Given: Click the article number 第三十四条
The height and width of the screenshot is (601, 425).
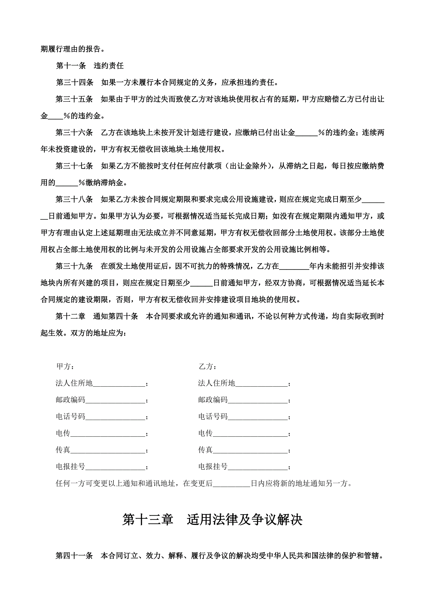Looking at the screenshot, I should coord(75,83).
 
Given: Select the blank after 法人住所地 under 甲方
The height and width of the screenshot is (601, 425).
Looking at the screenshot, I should coord(119,384).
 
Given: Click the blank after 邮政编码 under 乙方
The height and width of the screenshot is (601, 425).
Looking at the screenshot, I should coord(258,400).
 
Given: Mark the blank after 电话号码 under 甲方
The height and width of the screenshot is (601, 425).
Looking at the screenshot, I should coord(115,417).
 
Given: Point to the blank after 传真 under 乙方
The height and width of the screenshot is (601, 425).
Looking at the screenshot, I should coord(250,450).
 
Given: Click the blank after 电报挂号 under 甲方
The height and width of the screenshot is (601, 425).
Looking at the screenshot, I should coord(115,467).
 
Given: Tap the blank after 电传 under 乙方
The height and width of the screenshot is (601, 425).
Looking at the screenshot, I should coord(250,434).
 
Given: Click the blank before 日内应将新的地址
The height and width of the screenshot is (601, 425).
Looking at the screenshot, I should coord(232,484).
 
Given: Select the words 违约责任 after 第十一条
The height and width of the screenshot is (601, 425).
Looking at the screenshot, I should coord(109,66).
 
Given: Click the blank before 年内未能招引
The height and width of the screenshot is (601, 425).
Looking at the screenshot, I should coord(294,267).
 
